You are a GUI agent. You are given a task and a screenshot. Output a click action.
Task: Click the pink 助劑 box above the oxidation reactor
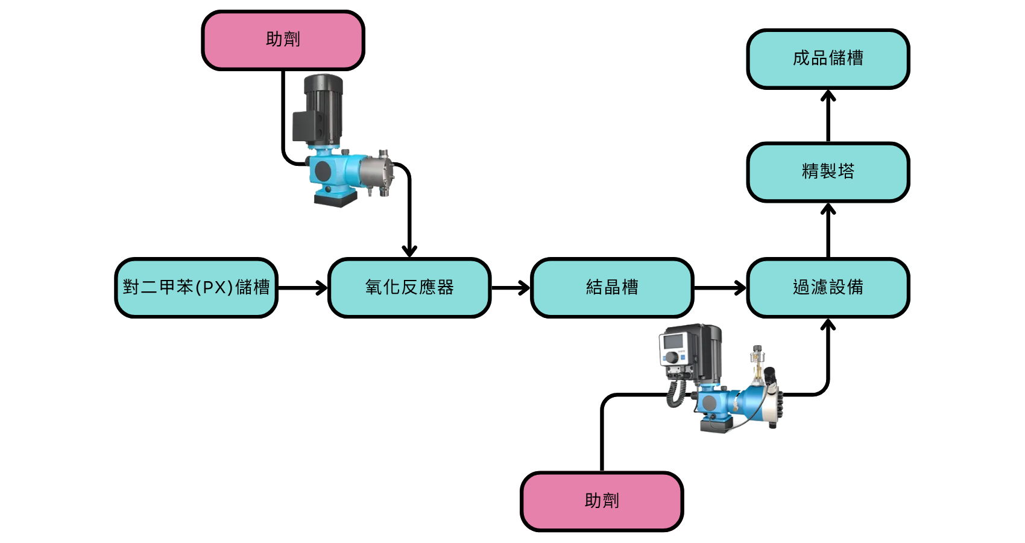pos(283,40)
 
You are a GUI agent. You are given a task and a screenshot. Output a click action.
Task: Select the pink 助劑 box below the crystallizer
pos(602,501)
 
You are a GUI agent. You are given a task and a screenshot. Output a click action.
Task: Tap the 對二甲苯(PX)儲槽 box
pos(196,288)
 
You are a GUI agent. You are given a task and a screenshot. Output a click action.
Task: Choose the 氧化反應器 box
pos(409,288)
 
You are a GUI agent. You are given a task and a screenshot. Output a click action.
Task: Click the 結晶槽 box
pos(612,288)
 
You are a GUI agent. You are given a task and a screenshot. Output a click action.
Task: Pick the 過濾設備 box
pos(828,288)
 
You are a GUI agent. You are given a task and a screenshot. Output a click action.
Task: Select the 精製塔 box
pos(828,172)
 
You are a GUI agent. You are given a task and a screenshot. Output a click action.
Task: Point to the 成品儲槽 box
pos(828,59)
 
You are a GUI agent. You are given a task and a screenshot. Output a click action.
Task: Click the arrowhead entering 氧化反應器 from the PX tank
pos(323,290)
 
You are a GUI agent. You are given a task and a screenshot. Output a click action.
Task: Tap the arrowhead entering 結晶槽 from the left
pos(525,290)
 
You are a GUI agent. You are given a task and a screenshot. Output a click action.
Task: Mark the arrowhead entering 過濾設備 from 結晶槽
pos(741,290)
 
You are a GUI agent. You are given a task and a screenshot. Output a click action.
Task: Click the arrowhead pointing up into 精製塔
pos(828,209)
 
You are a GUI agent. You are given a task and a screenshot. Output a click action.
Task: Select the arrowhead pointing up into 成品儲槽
pos(828,95)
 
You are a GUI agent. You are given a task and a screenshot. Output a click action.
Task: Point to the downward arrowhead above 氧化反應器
pos(409,251)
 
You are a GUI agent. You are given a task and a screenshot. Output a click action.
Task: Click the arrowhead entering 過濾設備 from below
pos(828,325)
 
